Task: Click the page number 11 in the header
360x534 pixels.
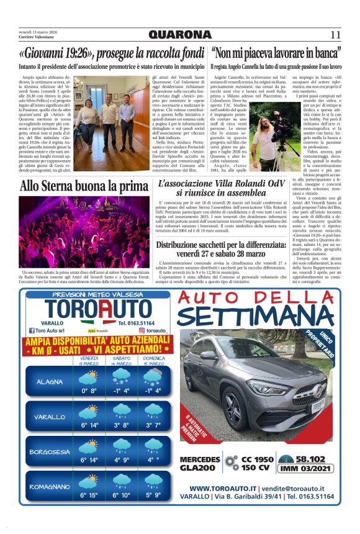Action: click(x=335, y=35)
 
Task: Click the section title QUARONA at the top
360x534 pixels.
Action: click(x=180, y=35)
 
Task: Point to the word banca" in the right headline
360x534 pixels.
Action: click(x=323, y=52)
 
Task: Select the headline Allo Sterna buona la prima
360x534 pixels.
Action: click(x=75, y=185)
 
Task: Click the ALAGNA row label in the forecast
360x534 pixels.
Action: click(x=49, y=381)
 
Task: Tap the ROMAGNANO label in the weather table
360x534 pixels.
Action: click(x=49, y=487)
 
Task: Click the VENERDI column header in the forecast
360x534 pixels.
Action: click(x=89, y=361)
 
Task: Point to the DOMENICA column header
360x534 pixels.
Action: click(x=153, y=361)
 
